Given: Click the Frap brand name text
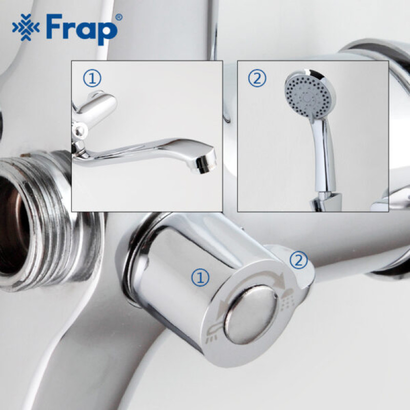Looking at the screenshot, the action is click(x=82, y=29).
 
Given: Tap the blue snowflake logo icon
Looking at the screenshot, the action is click(x=26, y=27).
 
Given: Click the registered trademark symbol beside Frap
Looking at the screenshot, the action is click(x=119, y=17).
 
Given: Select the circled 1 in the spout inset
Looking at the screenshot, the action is click(x=92, y=78).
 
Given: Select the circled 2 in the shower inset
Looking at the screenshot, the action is click(x=257, y=78).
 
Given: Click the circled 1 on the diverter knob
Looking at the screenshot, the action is click(x=200, y=277).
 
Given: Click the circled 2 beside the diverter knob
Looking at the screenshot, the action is click(x=298, y=260).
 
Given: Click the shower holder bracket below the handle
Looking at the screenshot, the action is click(x=325, y=201).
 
